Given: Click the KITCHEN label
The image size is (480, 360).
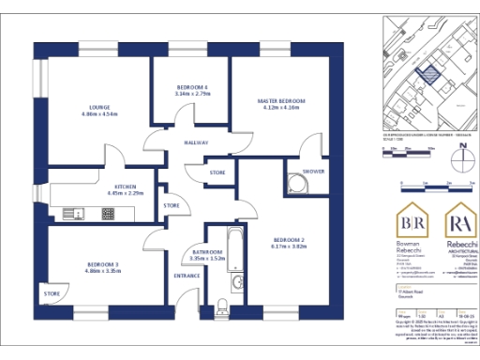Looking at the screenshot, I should pyautogui.click(x=127, y=187).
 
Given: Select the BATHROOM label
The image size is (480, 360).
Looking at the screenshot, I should pyautogui.click(x=206, y=253).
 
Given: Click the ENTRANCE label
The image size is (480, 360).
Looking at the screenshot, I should pyautogui.click(x=187, y=276).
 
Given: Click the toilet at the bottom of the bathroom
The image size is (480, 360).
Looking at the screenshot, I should pyautogui.click(x=222, y=304).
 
